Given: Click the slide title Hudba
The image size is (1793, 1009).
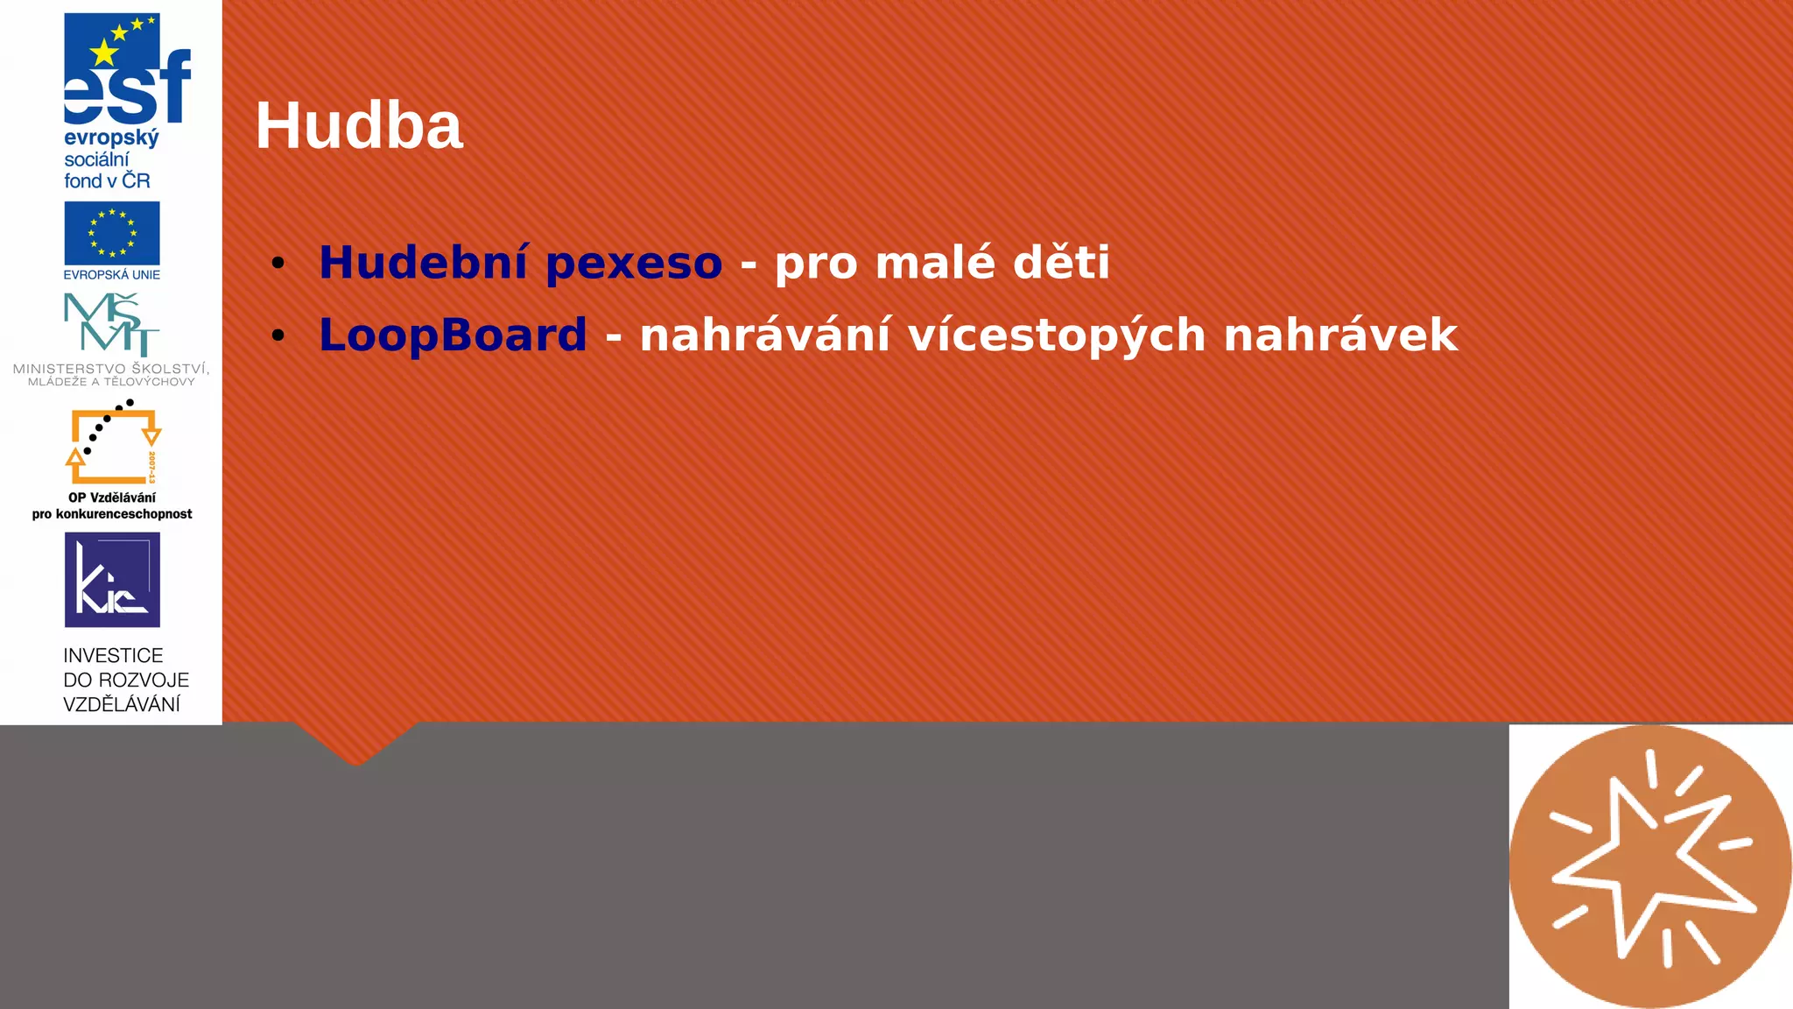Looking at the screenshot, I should pos(358,126).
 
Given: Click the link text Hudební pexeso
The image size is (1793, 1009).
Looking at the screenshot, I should pos(520,262).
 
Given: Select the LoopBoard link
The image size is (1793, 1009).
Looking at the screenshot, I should pos(453,335).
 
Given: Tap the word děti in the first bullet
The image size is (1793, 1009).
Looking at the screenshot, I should pos(1061,262).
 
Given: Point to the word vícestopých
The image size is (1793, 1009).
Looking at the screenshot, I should pos(1057,335).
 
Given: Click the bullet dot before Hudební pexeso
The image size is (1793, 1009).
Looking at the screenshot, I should pos(278,263).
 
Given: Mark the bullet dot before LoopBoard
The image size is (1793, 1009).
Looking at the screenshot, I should pos(278,335).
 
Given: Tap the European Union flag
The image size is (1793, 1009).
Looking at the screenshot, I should pos(112,233).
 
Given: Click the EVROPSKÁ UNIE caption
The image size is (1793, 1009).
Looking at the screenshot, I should pos(112,275).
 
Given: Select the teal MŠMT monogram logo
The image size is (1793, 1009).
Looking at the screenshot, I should pos(112,323).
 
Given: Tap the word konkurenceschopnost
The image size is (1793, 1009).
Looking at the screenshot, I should pos(123,514).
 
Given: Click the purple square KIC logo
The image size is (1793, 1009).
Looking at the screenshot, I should pos(112,580).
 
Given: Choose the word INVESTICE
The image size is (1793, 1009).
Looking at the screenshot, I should pos(113,656).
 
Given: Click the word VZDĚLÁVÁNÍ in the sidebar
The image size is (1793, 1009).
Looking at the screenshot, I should pos(122,704).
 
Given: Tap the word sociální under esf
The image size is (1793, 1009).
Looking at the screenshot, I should pos(96,159).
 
